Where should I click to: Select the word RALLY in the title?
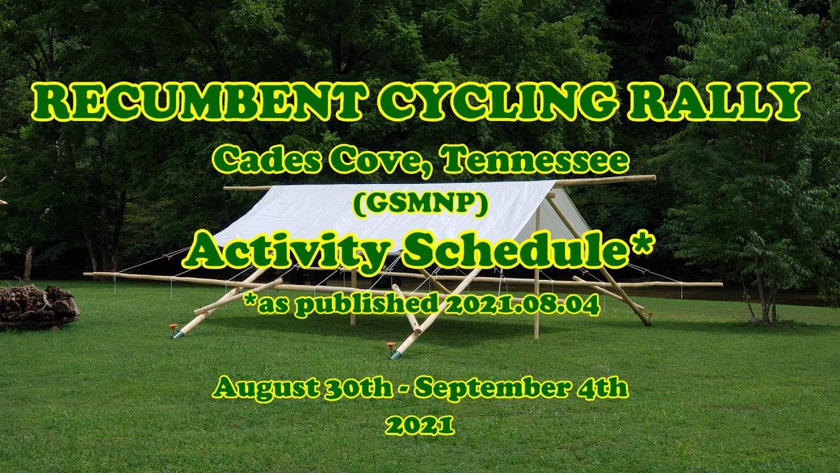[718, 102]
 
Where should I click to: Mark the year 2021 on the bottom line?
[420, 426]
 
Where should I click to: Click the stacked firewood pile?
[38, 305]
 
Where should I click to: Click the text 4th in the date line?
[606, 388]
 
